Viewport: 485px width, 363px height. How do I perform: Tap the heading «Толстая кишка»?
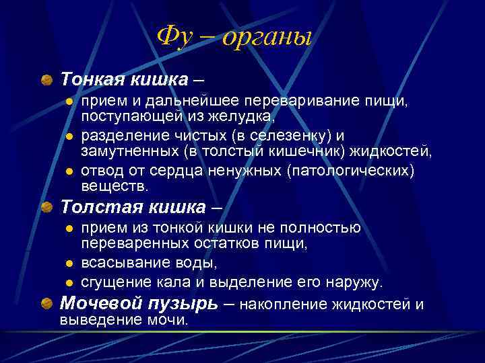pyautogui.click(x=133, y=205)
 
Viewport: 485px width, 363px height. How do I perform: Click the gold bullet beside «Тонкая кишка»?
pyautogui.click(x=46, y=80)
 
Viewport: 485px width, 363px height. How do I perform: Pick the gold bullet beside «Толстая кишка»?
pyautogui.click(x=46, y=206)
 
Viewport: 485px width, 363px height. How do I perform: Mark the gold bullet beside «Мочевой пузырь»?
pyautogui.click(x=46, y=305)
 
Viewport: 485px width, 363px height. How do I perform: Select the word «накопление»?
pyautogui.click(x=284, y=305)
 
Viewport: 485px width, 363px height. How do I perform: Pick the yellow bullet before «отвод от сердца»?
pyautogui.click(x=69, y=171)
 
